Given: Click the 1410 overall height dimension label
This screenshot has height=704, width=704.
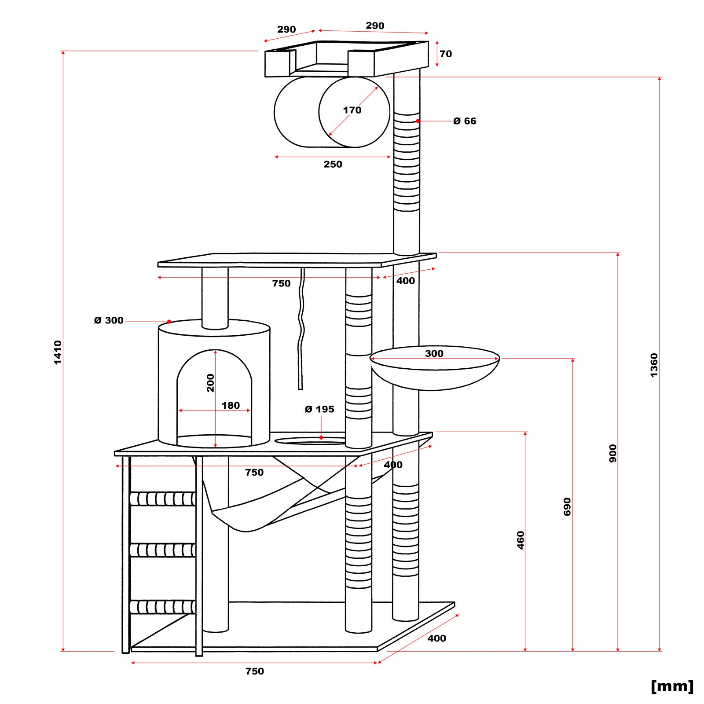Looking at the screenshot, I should coord(58,352).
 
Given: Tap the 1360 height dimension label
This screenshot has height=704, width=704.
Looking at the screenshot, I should coord(654,365).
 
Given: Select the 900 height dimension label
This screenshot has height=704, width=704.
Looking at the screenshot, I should coord(613,453).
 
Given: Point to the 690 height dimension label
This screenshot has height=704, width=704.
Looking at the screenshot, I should coord(567,506).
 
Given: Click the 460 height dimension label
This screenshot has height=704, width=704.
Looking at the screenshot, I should coord(521,540).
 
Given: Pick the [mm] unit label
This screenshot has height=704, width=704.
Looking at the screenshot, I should coord(672,686).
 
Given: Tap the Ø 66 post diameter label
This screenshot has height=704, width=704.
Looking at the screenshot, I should coord(465,121).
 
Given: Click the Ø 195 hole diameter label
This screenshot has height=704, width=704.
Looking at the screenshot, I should coord(319,409).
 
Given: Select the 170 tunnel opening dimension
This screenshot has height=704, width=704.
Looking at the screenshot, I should coord(352,110).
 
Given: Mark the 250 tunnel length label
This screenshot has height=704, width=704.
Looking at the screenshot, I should coord(333,164).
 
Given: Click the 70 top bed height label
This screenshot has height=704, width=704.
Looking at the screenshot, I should coord(446,54).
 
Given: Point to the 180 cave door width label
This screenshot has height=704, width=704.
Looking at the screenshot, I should coord(231,405).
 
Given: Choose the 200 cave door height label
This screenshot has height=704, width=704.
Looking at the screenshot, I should coord(211,382).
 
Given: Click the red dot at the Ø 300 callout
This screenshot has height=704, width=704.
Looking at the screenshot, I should coord(169,322).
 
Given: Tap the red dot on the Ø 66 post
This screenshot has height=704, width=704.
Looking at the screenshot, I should coord(418,121).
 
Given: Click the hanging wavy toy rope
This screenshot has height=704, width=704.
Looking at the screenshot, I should coord(301,330).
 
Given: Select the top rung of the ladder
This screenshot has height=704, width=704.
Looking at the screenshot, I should coord(163,499).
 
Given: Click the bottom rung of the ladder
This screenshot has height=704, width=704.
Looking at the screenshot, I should coord(163,607).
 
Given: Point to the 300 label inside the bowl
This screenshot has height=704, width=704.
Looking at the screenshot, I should coord(434,353).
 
